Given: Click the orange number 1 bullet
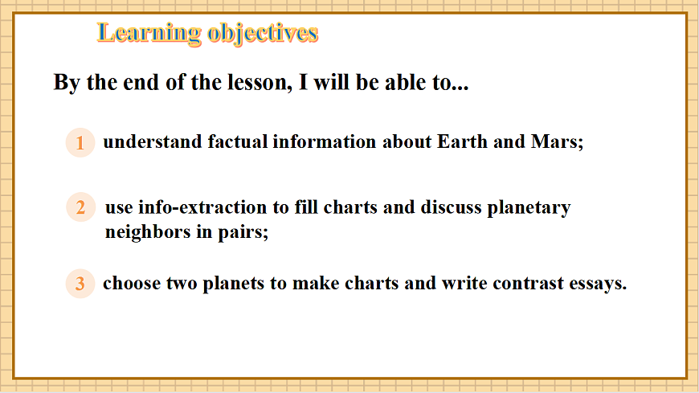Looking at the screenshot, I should click(80, 143).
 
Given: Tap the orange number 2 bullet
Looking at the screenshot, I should click(80, 207).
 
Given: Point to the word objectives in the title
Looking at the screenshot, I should click(263, 33).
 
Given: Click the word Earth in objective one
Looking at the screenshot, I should click(463, 142).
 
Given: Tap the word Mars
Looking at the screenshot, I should click(554, 142).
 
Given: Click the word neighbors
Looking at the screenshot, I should click(143, 233).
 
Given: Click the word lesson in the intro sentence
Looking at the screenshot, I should click(252, 83).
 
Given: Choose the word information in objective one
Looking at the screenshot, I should click(325, 142).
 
